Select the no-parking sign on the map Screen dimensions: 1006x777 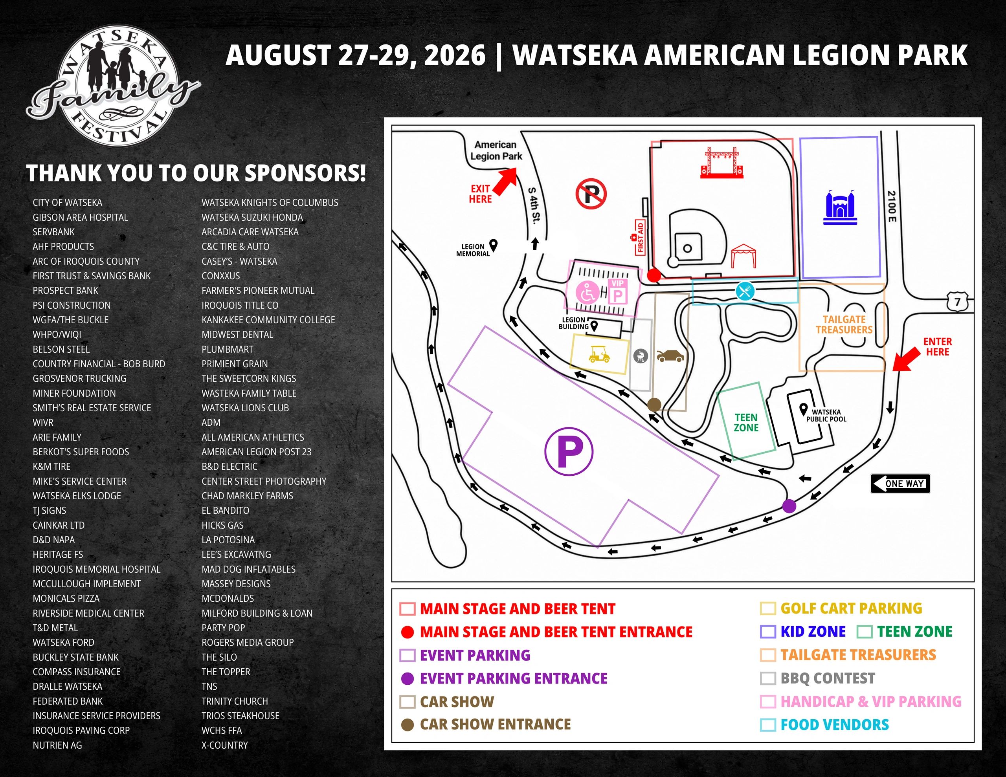[x=591, y=194]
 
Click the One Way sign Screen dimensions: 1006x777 [x=900, y=484]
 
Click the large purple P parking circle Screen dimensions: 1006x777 [x=569, y=451]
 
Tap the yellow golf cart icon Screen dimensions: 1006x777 [x=599, y=353]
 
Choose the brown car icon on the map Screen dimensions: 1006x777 [x=670, y=356]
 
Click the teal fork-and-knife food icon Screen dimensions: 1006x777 [x=745, y=291]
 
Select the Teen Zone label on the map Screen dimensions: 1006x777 [x=746, y=423]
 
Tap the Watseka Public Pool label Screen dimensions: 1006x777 [x=826, y=416]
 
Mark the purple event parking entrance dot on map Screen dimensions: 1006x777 [x=789, y=506]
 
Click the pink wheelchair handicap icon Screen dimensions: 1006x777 [x=587, y=293]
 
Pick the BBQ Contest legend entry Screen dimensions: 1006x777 [x=818, y=678]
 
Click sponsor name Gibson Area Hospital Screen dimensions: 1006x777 [x=80, y=217]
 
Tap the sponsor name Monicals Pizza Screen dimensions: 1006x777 [x=66, y=598]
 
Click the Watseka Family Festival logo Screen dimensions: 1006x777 [x=113, y=86]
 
